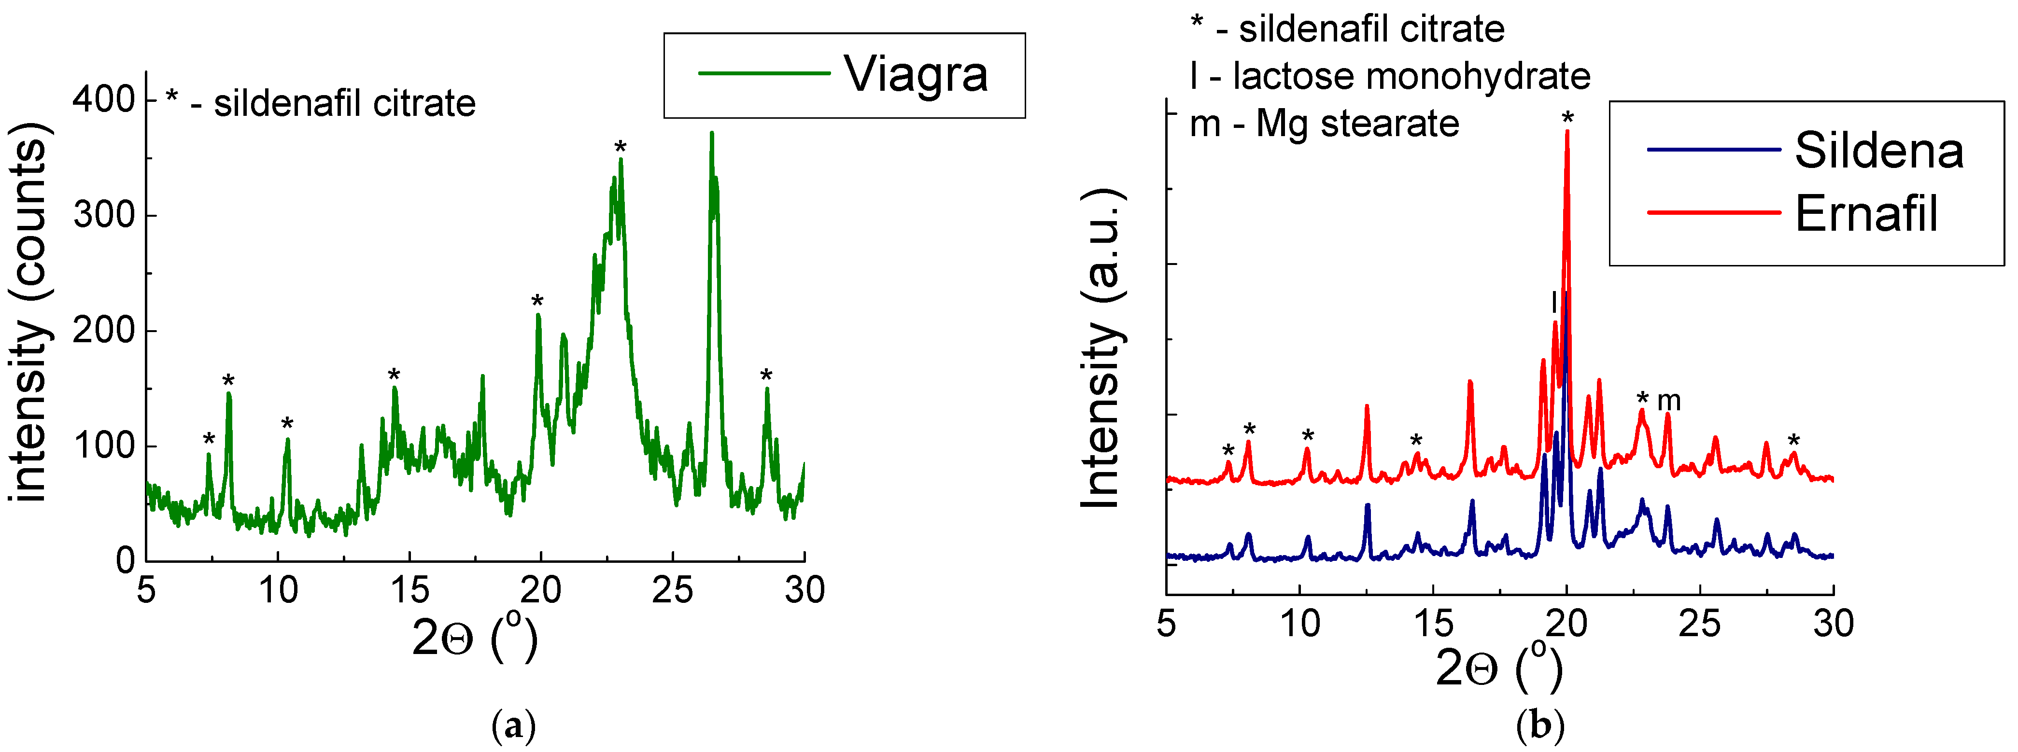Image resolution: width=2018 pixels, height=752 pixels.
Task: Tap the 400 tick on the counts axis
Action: tap(104, 99)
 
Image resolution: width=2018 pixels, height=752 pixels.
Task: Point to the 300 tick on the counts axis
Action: tap(104, 215)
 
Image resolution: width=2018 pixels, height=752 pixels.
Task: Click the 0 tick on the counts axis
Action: tap(126, 561)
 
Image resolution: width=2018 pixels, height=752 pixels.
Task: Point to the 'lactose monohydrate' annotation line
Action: tap(1390, 76)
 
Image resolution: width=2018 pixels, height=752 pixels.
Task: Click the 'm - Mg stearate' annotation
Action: tap(1324, 124)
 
